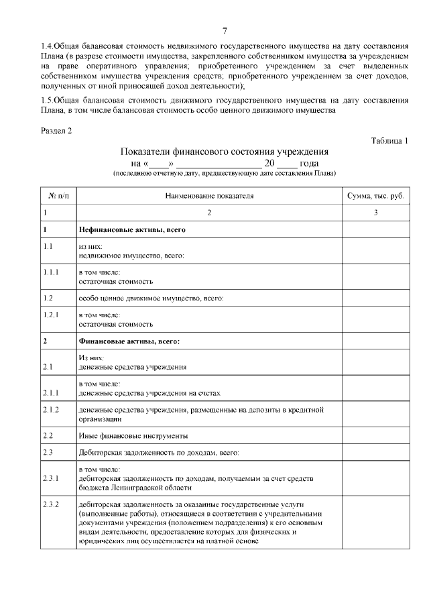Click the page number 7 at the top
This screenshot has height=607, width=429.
pyautogui.click(x=225, y=30)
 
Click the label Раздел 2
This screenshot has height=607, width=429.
pyautogui.click(x=56, y=130)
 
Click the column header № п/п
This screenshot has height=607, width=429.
pyautogui.click(x=58, y=195)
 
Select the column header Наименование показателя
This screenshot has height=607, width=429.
pyautogui.click(x=209, y=195)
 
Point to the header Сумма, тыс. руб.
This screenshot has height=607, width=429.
pyautogui.click(x=375, y=195)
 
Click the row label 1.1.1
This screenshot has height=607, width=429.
pyautogui.click(x=52, y=274)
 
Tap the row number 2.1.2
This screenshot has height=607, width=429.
pyautogui.click(x=52, y=409)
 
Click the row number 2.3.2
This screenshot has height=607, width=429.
pyautogui.click(x=52, y=504)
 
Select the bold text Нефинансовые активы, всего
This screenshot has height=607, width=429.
pyautogui.click(x=131, y=229)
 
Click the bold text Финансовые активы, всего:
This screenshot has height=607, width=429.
pyautogui.click(x=129, y=341)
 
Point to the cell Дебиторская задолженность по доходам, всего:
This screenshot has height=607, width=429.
pyautogui.click(x=158, y=453)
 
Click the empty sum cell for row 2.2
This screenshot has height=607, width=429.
pyautogui.click(x=375, y=435)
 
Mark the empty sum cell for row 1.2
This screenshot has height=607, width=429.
pyautogui.click(x=375, y=297)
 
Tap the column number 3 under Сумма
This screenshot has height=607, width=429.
pyautogui.click(x=375, y=213)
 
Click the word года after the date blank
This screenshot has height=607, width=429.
pyautogui.click(x=309, y=163)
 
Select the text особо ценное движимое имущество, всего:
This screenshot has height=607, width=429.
pyautogui.click(x=151, y=297)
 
